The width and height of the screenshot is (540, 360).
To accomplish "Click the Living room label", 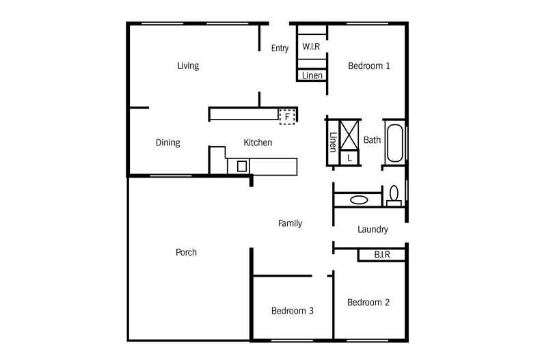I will click(x=188, y=66).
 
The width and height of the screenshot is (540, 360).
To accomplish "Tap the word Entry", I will click(x=280, y=49).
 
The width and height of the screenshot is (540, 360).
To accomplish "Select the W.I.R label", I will click(x=312, y=47).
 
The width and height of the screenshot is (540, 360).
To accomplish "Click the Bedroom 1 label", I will click(x=369, y=66).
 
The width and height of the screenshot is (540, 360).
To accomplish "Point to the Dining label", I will click(x=167, y=143).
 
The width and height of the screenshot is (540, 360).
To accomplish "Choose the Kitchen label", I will click(x=258, y=143).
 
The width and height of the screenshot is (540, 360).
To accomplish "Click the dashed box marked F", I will click(x=288, y=117).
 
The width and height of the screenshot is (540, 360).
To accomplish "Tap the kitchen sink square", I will click(x=241, y=165).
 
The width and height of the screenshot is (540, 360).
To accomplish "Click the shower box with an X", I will click(x=350, y=134).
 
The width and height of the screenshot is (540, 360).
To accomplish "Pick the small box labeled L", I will click(x=350, y=158).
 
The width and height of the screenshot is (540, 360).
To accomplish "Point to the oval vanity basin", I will click(x=359, y=200).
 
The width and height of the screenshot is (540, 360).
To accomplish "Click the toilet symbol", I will click(x=394, y=196).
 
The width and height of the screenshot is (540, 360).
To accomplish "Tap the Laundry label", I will click(x=373, y=230).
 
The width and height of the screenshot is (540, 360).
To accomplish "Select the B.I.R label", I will click(x=382, y=255).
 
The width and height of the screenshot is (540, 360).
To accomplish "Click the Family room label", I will click(x=290, y=223).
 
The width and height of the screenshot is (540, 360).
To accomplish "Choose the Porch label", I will click(x=186, y=253).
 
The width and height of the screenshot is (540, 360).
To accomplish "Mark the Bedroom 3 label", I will click(x=293, y=311).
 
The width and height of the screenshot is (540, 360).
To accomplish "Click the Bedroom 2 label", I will click(x=368, y=303).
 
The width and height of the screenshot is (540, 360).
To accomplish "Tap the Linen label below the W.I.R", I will click(x=312, y=75).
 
